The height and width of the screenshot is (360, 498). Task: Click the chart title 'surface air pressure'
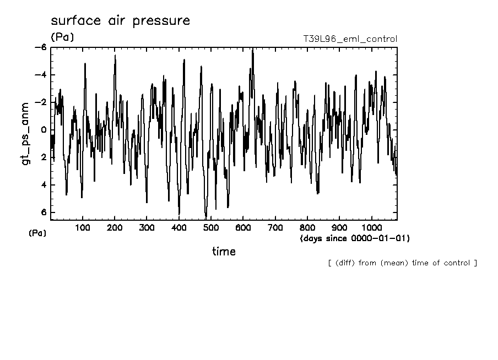[120, 21]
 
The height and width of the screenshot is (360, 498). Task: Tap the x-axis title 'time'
[224, 252]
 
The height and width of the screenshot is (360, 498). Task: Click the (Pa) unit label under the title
[62, 37]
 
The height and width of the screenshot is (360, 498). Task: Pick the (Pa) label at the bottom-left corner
[37, 233]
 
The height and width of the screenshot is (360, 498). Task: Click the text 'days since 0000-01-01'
[355, 238]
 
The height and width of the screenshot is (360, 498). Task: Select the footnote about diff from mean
[402, 263]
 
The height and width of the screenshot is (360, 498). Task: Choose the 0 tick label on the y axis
[44, 130]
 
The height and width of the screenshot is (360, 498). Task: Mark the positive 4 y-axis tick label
[44, 185]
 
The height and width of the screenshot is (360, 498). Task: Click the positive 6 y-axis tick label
[44, 212]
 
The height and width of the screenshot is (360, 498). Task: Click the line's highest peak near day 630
[252, 50]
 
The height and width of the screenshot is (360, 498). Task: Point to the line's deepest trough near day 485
[206, 218]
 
